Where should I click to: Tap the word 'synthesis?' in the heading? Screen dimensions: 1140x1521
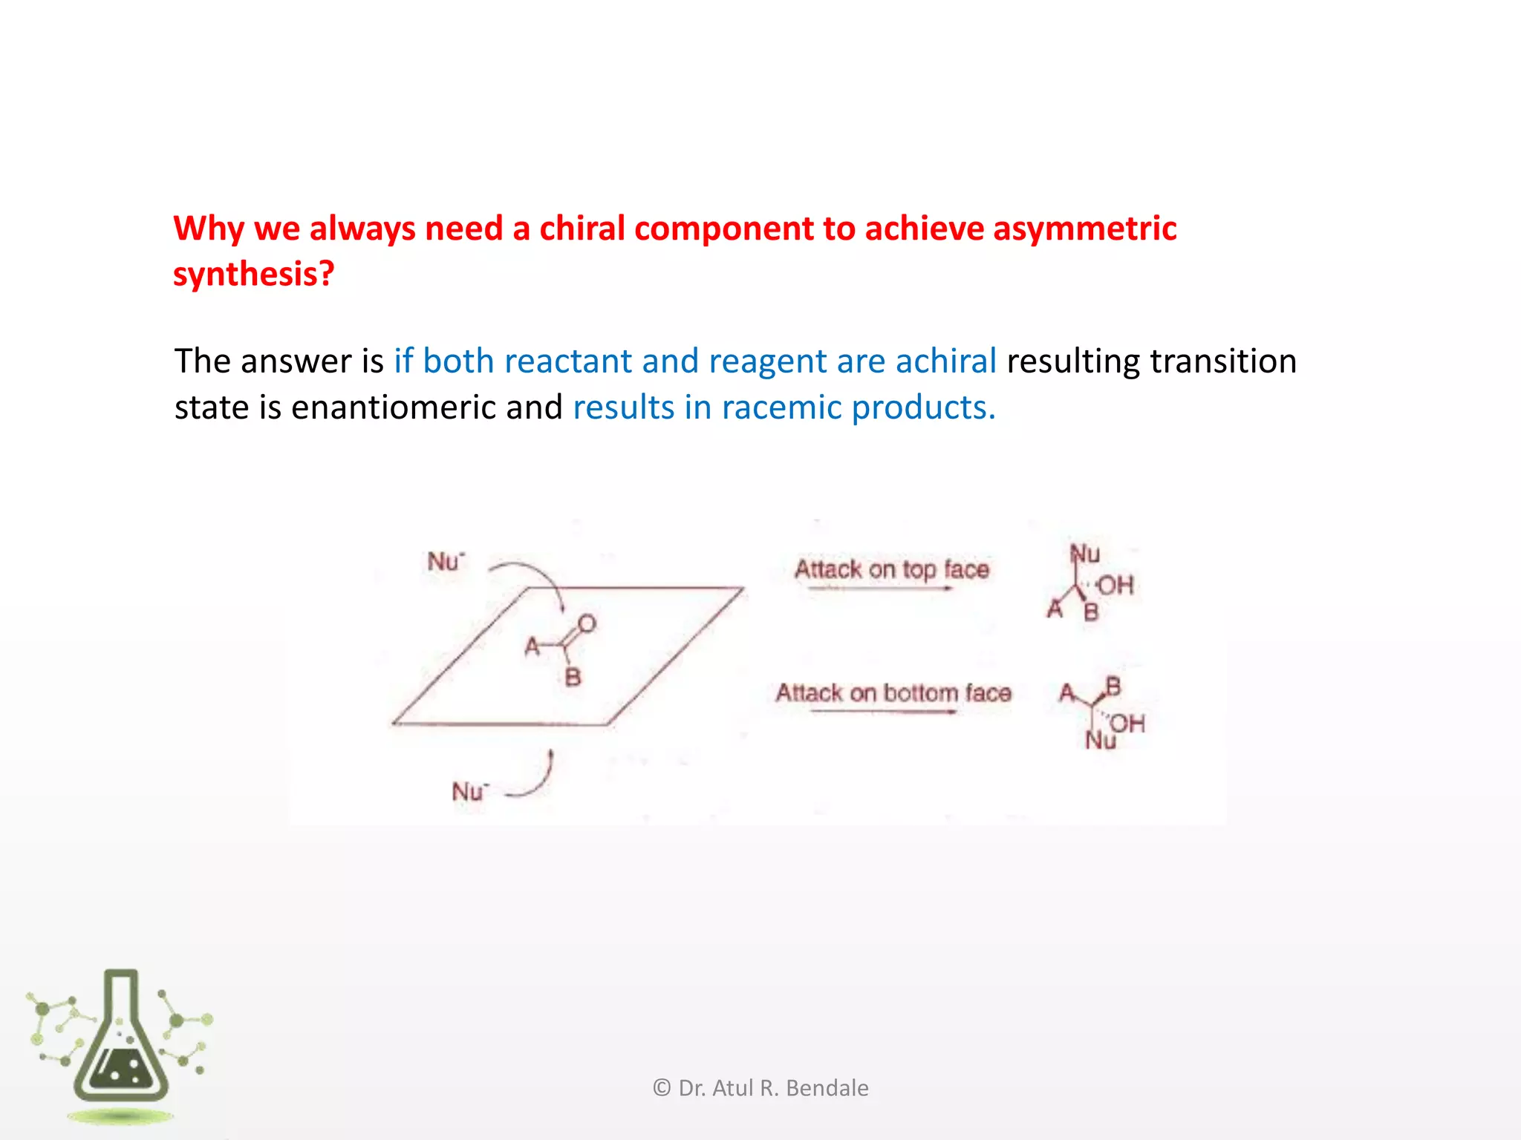tap(253, 274)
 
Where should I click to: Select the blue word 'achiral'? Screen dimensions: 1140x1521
tap(945, 361)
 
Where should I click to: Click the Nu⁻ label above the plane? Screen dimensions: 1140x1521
tap(446, 562)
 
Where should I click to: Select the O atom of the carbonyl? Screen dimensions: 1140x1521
tap(587, 623)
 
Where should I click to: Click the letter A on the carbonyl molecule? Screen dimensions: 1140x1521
tap(532, 647)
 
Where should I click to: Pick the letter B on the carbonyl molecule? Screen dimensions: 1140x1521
tap(573, 677)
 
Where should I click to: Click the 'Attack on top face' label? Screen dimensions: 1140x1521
tap(891, 569)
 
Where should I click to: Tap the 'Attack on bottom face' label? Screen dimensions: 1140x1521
tap(893, 693)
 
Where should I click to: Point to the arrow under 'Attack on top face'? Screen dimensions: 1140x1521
tap(880, 589)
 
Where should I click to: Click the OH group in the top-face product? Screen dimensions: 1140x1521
tap(1115, 586)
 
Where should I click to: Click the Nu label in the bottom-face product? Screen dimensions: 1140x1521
tap(1099, 741)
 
